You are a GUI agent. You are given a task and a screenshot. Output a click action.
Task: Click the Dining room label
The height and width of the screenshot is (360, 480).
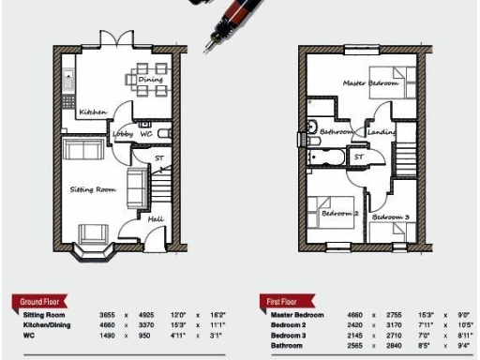pyautogui.click(x=150, y=81)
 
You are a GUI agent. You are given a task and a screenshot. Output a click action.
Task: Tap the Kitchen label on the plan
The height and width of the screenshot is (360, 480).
pyautogui.click(x=93, y=112)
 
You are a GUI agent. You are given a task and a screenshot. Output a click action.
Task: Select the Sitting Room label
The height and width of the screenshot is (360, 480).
pyautogui.click(x=93, y=189)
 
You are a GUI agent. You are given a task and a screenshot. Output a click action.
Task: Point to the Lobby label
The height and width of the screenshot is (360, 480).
pyautogui.click(x=123, y=134)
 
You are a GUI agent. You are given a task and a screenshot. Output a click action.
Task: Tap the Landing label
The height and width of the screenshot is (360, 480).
pyautogui.click(x=382, y=133)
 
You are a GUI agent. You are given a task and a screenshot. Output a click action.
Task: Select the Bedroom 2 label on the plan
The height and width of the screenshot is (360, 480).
pyautogui.click(x=340, y=214)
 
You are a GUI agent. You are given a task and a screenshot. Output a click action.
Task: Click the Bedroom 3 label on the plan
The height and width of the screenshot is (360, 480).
pyautogui.click(x=390, y=217)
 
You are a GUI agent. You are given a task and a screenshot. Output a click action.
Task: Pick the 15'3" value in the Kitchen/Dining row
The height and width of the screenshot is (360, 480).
pyautogui.click(x=178, y=324)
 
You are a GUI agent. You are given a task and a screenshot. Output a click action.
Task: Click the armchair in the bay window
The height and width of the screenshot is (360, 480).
pyautogui.click(x=94, y=234)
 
